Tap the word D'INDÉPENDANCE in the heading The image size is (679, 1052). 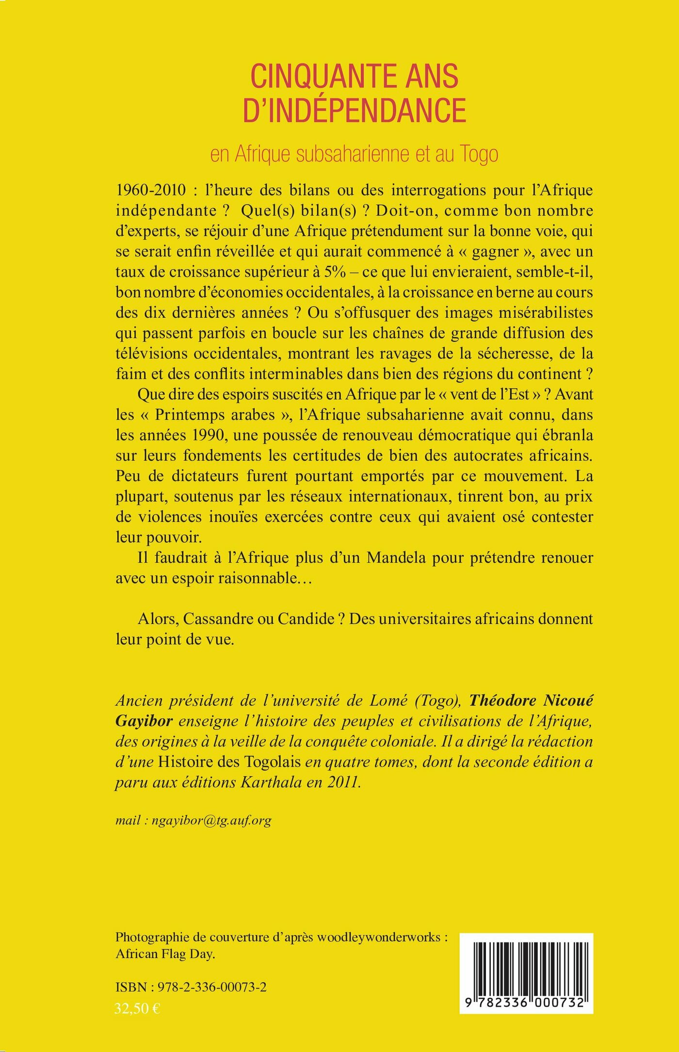[x=354, y=110]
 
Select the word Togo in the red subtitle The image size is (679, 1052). [x=479, y=154]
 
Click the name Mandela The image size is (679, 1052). [x=396, y=558]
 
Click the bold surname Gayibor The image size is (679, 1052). [x=144, y=721]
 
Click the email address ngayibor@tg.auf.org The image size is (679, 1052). [x=211, y=820]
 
